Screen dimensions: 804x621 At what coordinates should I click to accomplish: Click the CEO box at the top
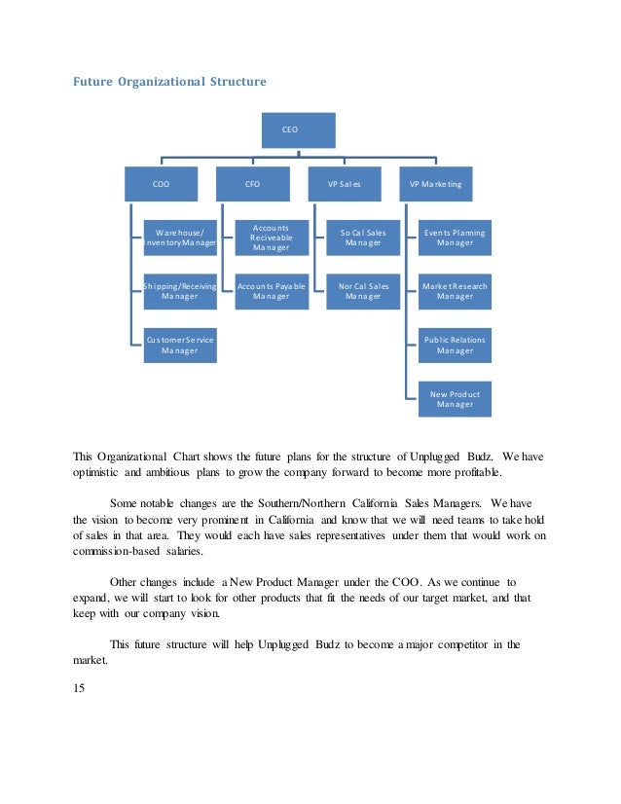[298, 129]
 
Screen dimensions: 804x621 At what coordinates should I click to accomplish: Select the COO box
[161, 183]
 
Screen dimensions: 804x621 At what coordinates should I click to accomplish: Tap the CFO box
[252, 183]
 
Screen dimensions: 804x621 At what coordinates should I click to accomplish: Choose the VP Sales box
[344, 183]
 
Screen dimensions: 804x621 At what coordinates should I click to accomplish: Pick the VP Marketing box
[435, 183]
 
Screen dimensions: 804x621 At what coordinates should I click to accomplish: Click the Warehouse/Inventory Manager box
[180, 238]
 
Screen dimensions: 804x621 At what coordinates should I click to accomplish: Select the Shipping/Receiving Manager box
[180, 291]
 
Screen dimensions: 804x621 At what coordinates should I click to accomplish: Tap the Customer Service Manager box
[180, 345]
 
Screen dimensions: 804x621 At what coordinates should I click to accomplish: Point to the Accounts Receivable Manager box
[272, 238]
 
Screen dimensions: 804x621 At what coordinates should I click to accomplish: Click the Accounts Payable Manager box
[272, 291]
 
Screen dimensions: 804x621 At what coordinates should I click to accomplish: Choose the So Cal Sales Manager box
[363, 238]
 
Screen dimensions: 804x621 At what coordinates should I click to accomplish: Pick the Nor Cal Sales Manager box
[363, 291]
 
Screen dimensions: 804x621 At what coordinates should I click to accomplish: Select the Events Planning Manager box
[455, 238]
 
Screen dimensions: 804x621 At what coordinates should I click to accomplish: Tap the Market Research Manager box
[455, 291]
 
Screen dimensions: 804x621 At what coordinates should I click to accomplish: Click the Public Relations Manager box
[455, 345]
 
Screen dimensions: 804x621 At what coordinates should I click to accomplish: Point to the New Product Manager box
[455, 398]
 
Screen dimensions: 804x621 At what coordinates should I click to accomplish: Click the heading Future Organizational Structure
[169, 82]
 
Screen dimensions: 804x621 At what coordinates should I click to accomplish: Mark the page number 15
[80, 689]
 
